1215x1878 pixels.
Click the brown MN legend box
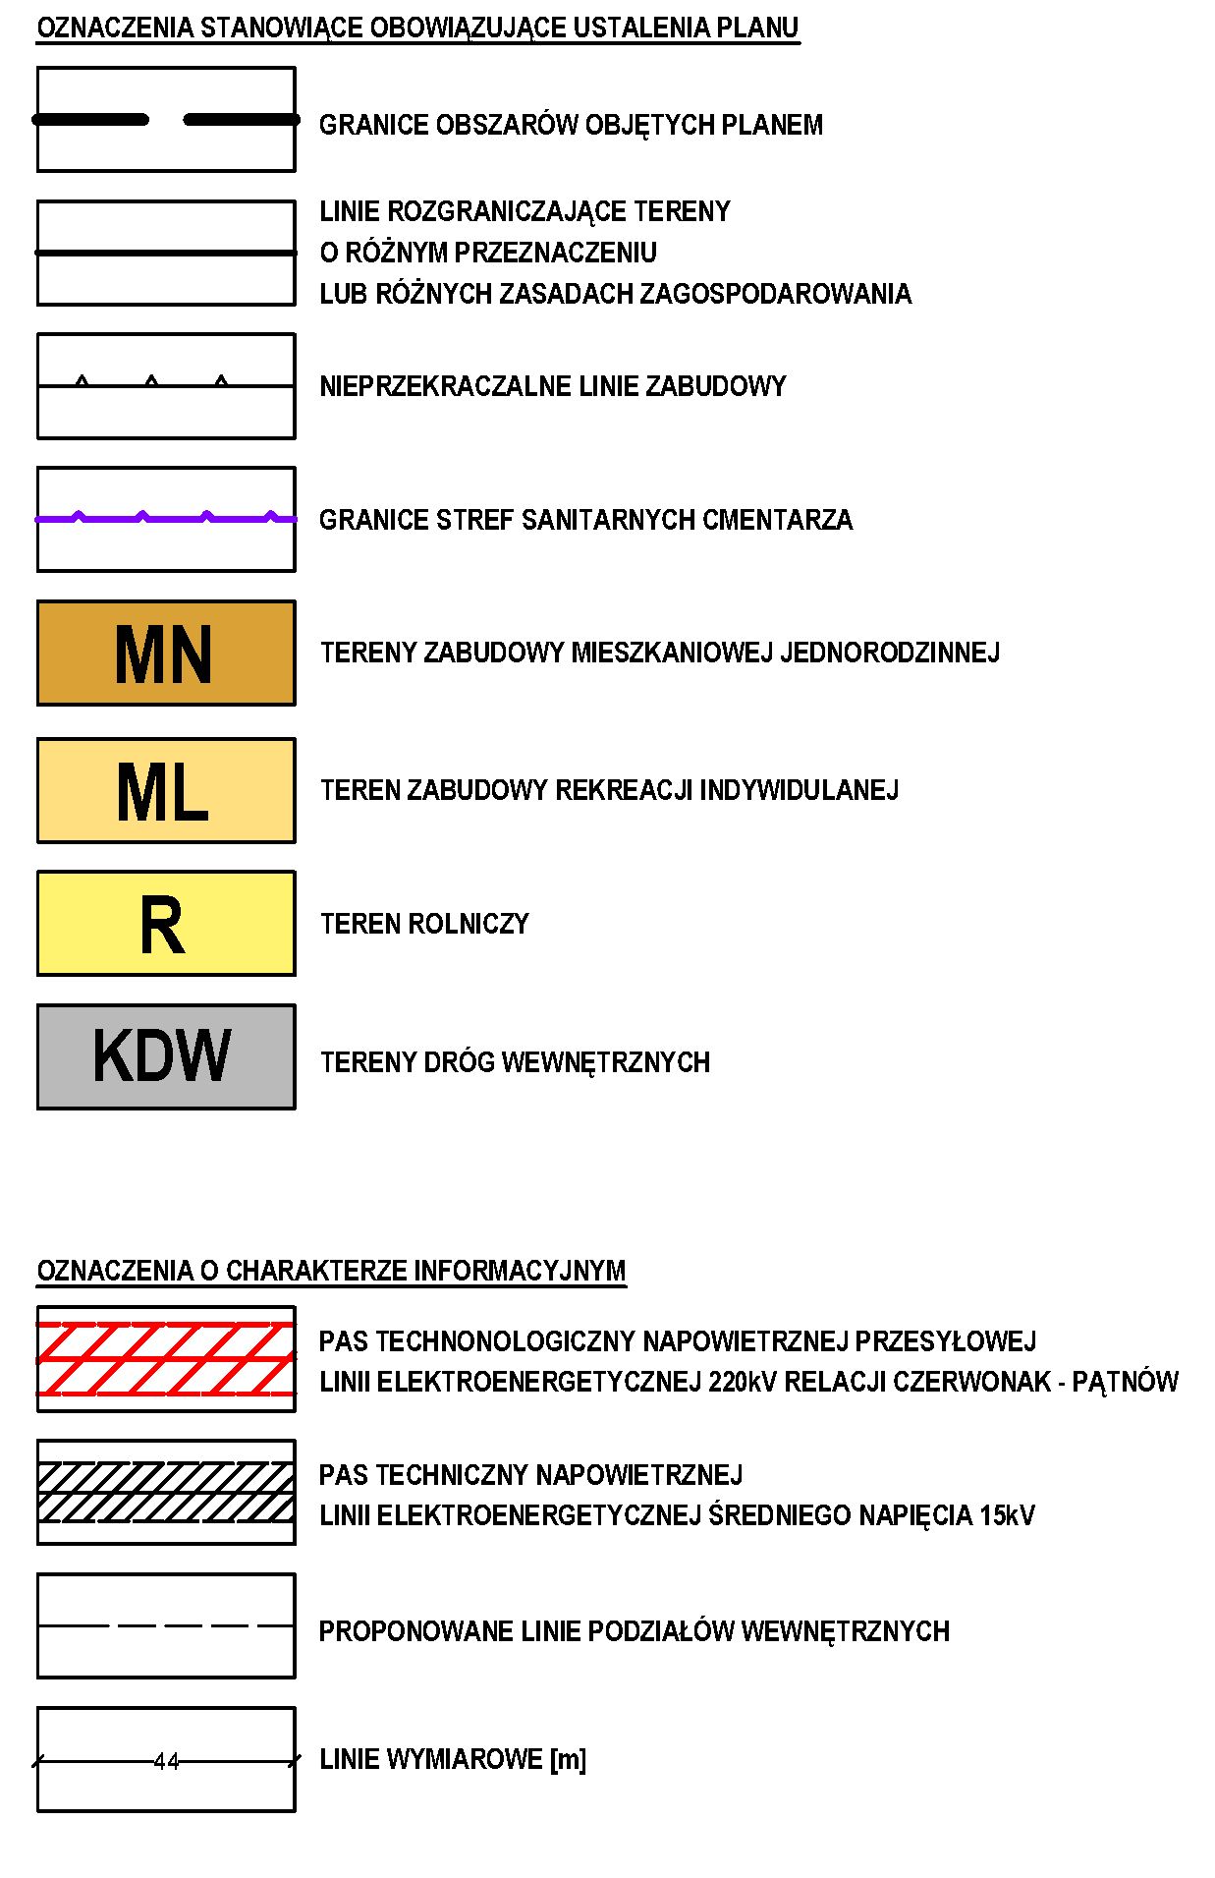coord(166,653)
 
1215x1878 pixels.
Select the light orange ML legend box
coord(166,790)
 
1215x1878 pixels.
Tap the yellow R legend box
coord(166,924)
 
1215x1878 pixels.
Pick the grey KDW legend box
coord(166,1056)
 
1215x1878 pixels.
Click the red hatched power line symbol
coord(166,1359)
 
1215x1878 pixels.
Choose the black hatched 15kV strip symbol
coord(166,1492)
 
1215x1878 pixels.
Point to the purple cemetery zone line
coord(166,517)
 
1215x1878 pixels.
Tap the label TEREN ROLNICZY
coord(424,924)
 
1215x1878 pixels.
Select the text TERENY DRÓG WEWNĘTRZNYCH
coord(515,1062)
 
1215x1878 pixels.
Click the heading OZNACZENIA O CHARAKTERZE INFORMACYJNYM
coord(331,1271)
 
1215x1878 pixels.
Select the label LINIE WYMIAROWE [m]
coord(453,1759)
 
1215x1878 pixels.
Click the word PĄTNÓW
coord(1125,1382)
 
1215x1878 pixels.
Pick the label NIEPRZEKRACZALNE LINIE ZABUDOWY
coord(553,386)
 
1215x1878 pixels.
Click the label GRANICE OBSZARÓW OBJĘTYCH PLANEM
coord(571,125)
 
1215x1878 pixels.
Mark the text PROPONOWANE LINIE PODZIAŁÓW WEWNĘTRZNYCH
coord(635,1631)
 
